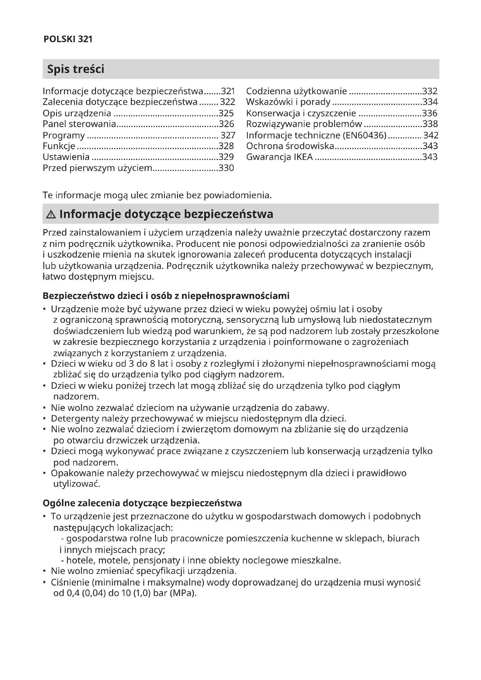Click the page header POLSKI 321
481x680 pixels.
pos(68,39)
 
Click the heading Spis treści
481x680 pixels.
pos(76,69)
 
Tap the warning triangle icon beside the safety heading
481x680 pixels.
pos(51,214)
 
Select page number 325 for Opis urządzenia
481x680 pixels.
pos(226,113)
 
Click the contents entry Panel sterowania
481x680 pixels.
pos(79,124)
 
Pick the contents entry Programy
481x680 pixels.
pos(64,135)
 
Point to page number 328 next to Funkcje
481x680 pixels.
pos(226,146)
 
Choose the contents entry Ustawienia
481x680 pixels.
pos(66,157)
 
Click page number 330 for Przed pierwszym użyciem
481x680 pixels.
pos(226,168)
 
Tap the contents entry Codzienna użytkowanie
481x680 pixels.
pos(296,91)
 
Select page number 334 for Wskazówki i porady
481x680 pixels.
pos(430,102)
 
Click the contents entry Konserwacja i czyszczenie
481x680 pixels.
pos(301,113)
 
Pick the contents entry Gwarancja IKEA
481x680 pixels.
pos(279,157)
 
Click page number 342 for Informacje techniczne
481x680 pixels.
pos(431,135)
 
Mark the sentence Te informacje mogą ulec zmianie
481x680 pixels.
pos(157,195)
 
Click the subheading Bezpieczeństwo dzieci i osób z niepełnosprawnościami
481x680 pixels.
pos(166,296)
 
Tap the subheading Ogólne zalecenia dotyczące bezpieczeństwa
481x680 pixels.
pos(142,503)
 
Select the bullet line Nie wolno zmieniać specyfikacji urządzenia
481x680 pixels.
pos(144,571)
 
